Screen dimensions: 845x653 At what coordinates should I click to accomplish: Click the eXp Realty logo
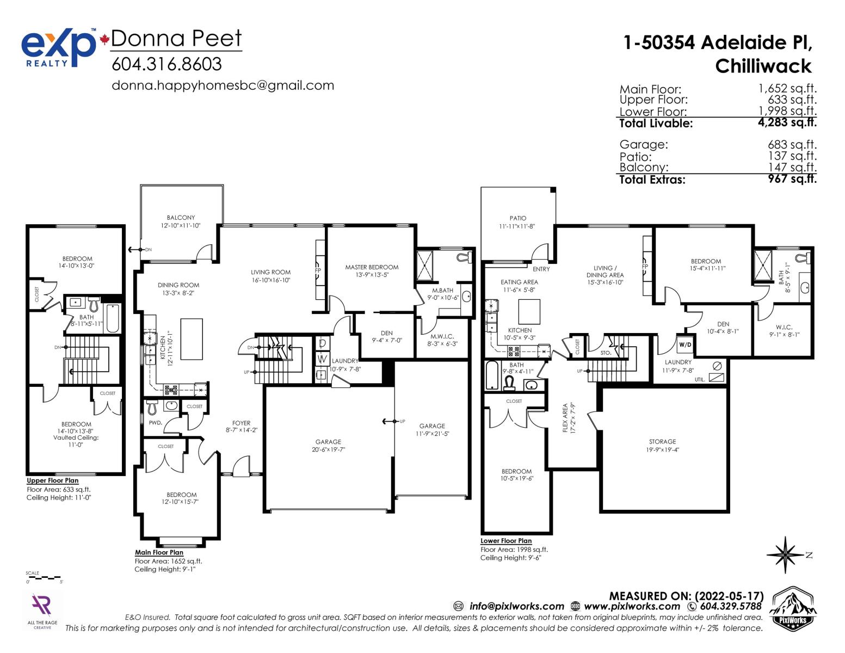point(58,48)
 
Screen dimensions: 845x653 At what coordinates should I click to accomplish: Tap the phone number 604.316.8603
point(166,64)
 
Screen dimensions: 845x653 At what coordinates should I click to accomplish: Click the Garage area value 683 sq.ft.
point(792,145)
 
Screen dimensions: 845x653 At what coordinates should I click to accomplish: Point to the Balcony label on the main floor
point(181,218)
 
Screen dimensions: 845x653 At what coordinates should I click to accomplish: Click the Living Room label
point(270,272)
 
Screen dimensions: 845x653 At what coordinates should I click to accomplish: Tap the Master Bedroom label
point(372,267)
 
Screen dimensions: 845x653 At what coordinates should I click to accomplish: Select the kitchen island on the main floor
point(192,339)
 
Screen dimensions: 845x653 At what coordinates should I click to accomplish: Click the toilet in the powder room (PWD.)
point(152,407)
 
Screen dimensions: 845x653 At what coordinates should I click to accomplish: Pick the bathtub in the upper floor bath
point(113,318)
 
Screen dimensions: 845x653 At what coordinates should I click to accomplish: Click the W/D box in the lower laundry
point(685,344)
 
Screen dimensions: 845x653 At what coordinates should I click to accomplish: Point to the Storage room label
point(663,442)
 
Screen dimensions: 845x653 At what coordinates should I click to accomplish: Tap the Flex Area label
point(565,418)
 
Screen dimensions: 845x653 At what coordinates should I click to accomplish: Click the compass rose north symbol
point(786,555)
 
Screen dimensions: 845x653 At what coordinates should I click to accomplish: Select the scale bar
point(43,577)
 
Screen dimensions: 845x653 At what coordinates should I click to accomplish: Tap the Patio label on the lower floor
point(518,219)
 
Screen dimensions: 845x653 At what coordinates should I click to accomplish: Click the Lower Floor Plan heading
point(506,540)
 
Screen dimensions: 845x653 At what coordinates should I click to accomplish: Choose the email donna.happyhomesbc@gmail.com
point(223,85)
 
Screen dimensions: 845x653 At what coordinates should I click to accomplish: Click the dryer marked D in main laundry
point(322,343)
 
